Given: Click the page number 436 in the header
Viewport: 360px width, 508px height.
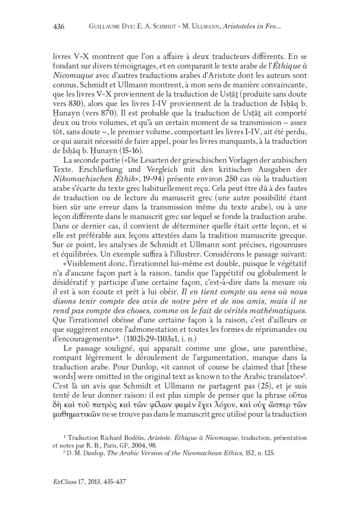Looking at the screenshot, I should click(58, 27).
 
